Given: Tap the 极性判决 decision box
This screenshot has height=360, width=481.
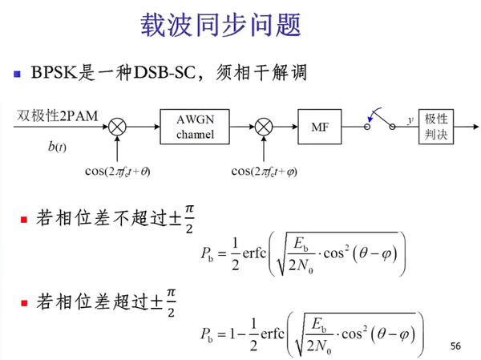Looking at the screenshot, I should (436, 126).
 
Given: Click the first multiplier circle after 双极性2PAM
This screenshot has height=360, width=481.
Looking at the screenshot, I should (117, 126).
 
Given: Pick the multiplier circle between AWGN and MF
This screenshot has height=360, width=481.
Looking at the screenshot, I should (262, 126).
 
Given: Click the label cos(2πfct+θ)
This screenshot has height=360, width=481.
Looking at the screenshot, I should (117, 170).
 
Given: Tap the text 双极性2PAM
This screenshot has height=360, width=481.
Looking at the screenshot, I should (57, 116).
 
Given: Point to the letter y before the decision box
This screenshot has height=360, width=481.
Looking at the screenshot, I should (410, 119).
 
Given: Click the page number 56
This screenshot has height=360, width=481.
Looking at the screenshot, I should (456, 346).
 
